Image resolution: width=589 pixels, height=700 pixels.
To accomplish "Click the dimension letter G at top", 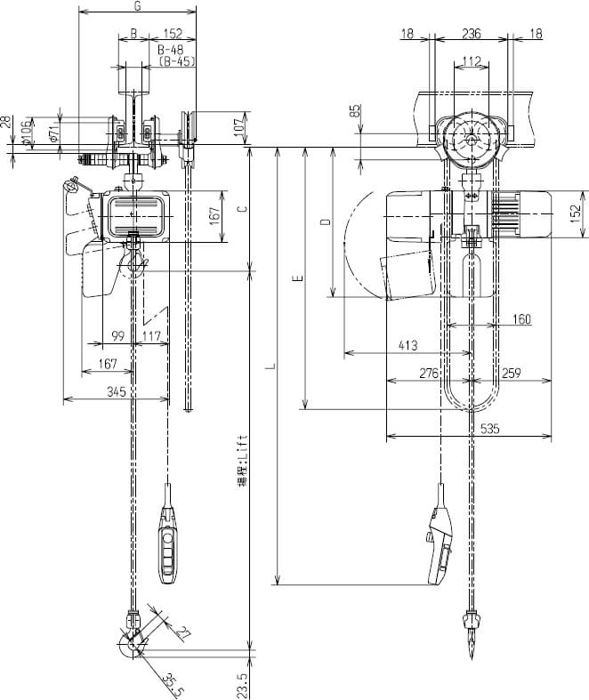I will [136, 6].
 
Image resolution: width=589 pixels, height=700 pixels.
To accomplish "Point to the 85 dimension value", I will [356, 112].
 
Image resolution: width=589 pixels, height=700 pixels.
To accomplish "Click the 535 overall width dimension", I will [489, 428].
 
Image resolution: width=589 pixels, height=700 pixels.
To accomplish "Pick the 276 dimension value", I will [429, 373].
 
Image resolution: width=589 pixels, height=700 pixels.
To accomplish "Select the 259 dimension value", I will [512, 373].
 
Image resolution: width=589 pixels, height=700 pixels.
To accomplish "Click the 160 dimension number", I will [521, 318].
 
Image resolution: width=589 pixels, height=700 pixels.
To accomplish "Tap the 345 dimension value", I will [115, 390].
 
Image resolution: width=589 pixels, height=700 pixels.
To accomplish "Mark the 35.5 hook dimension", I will [173, 683].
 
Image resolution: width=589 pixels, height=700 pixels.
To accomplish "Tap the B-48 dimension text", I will [172, 52].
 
